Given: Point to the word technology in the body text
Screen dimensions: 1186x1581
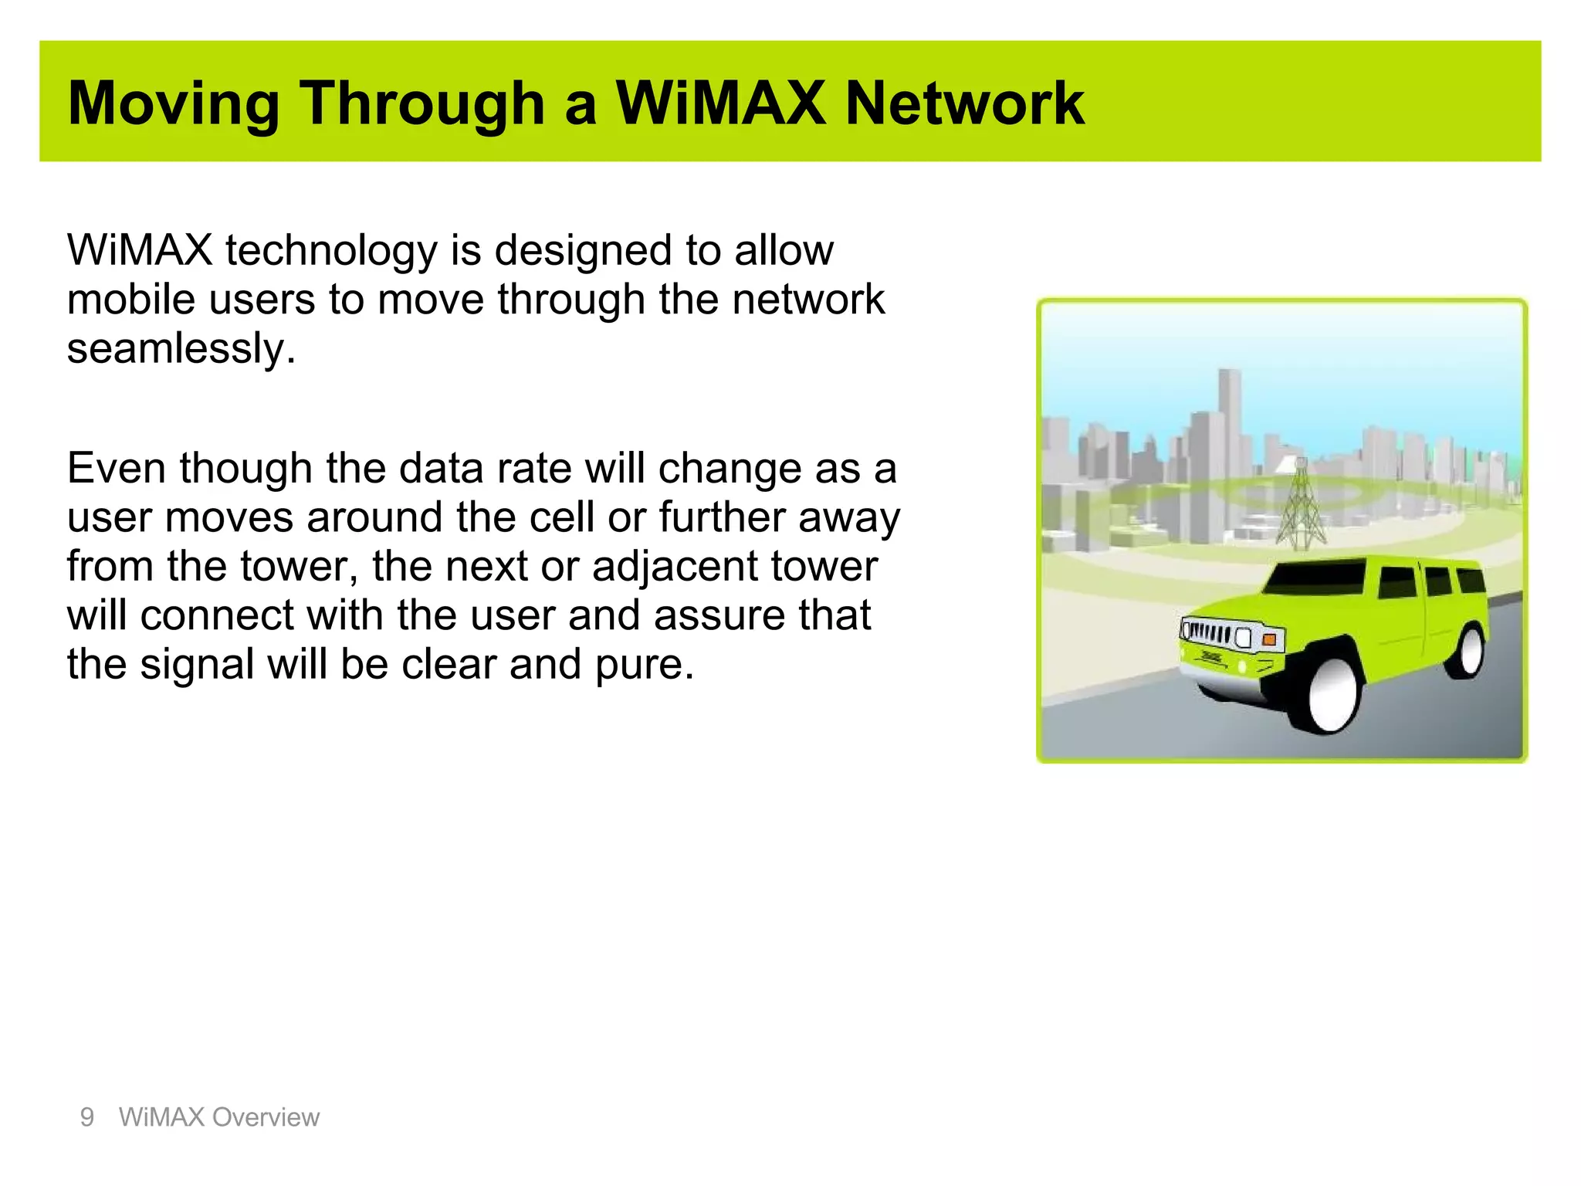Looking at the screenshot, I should tap(331, 252).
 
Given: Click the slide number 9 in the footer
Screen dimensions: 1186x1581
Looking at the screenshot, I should tap(87, 1117).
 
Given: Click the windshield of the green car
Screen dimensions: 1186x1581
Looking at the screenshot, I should tap(1316, 577).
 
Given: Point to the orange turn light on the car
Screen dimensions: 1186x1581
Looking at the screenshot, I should tap(1268, 639).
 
